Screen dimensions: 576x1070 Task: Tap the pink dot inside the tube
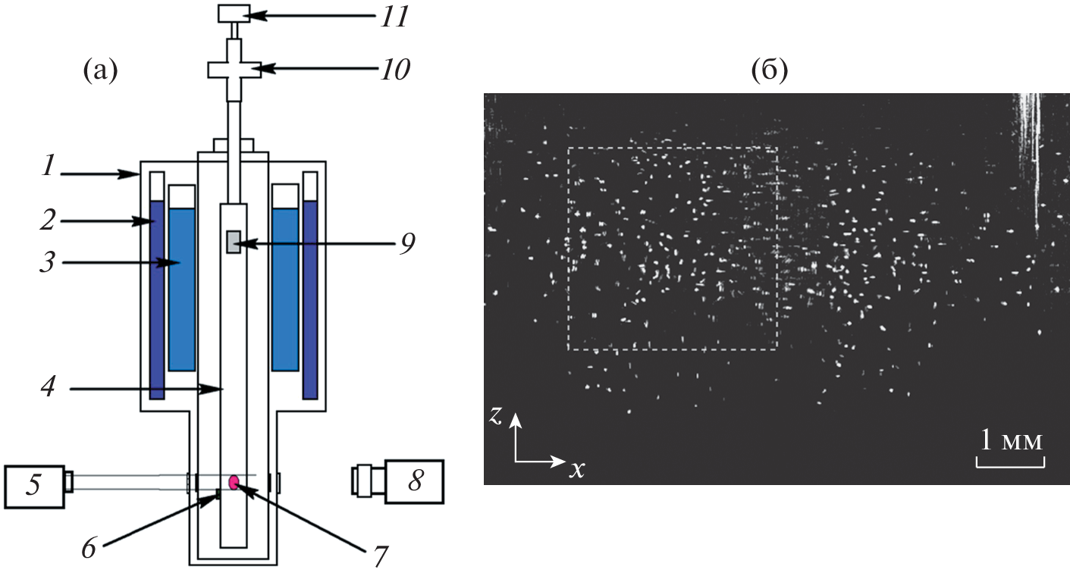pyautogui.click(x=234, y=482)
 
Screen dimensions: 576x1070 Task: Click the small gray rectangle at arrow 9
pyautogui.click(x=233, y=243)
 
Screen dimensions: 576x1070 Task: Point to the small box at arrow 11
pyautogui.click(x=234, y=13)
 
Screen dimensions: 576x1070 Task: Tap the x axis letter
pyautogui.click(x=578, y=470)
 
